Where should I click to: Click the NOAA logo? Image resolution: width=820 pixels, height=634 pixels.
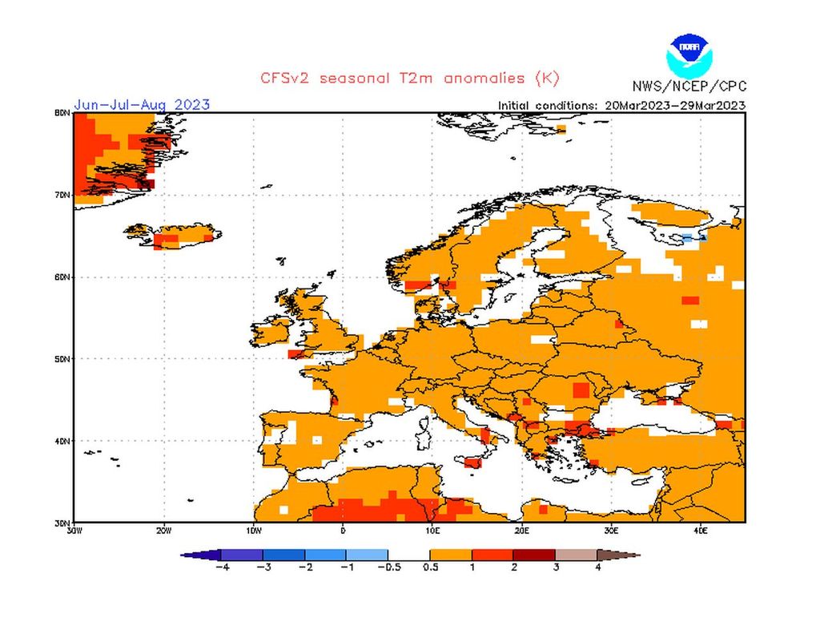(688, 55)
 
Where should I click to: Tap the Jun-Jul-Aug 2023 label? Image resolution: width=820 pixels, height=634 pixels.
(142, 104)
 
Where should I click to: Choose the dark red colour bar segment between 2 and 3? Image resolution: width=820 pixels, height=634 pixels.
(534, 555)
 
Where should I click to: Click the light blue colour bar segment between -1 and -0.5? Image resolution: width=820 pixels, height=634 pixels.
(368, 555)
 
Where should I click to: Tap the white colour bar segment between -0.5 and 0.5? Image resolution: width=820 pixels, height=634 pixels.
(409, 555)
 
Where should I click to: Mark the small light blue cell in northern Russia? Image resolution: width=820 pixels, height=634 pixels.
(687, 238)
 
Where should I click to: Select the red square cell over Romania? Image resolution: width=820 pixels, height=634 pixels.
(580, 390)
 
